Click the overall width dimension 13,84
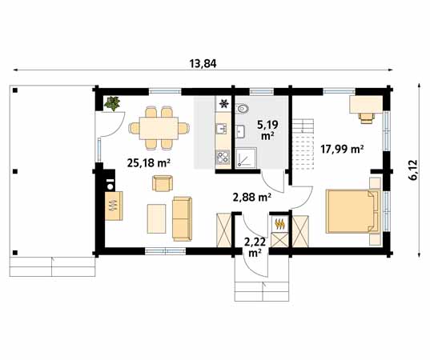click(x=203, y=63)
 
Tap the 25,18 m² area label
click(x=148, y=163)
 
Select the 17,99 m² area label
click(x=342, y=148)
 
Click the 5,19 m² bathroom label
click(x=267, y=130)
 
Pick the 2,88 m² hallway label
click(x=251, y=196)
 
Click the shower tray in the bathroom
click(x=245, y=158)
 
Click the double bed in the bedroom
click(x=350, y=211)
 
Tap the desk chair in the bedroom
click(x=367, y=118)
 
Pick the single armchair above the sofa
click(x=163, y=183)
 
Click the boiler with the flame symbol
click(x=279, y=225)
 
